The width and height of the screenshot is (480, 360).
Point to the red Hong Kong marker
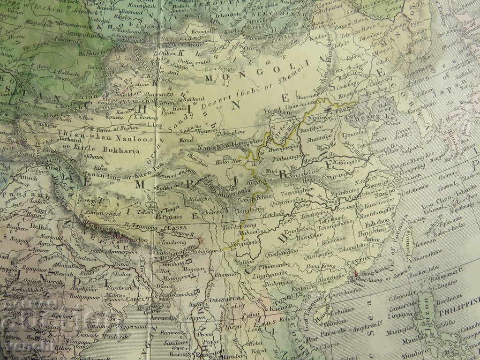click(356, 273)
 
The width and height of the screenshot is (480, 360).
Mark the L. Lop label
click(154, 125)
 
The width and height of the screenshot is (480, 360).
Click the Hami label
click(179, 109)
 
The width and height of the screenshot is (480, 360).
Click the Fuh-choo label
click(374, 224)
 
